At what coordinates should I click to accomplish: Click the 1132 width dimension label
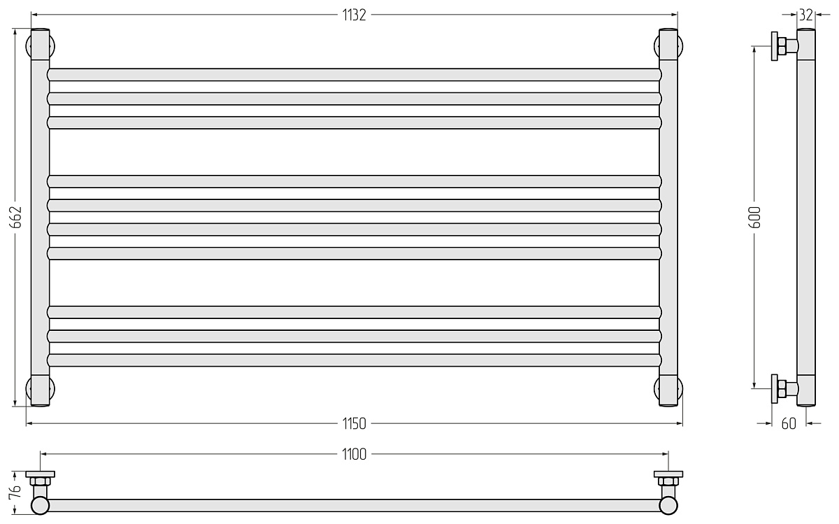(354, 15)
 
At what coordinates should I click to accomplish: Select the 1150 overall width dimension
(354, 423)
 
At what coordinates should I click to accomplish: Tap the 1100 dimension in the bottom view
(354, 454)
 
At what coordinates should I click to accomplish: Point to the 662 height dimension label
(15, 217)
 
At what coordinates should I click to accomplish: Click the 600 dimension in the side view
(754, 217)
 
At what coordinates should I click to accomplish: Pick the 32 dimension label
(806, 15)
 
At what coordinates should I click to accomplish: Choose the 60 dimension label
(789, 423)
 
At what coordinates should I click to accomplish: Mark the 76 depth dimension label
(15, 492)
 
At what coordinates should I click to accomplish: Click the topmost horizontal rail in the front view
(354, 75)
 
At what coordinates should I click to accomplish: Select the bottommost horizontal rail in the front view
(354, 360)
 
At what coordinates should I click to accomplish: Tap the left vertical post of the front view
(40, 218)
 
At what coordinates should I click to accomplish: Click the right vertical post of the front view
(668, 218)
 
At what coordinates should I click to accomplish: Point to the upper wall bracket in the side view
(784, 46)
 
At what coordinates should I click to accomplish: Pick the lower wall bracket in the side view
(784, 389)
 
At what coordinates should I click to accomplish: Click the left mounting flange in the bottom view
(40, 474)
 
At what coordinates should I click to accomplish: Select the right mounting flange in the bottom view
(668, 474)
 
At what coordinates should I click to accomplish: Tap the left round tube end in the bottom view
(40, 505)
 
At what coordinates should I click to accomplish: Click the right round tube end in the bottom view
(668, 505)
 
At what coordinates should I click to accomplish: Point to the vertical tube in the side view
(806, 218)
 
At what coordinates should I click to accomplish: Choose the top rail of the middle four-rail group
(354, 181)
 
